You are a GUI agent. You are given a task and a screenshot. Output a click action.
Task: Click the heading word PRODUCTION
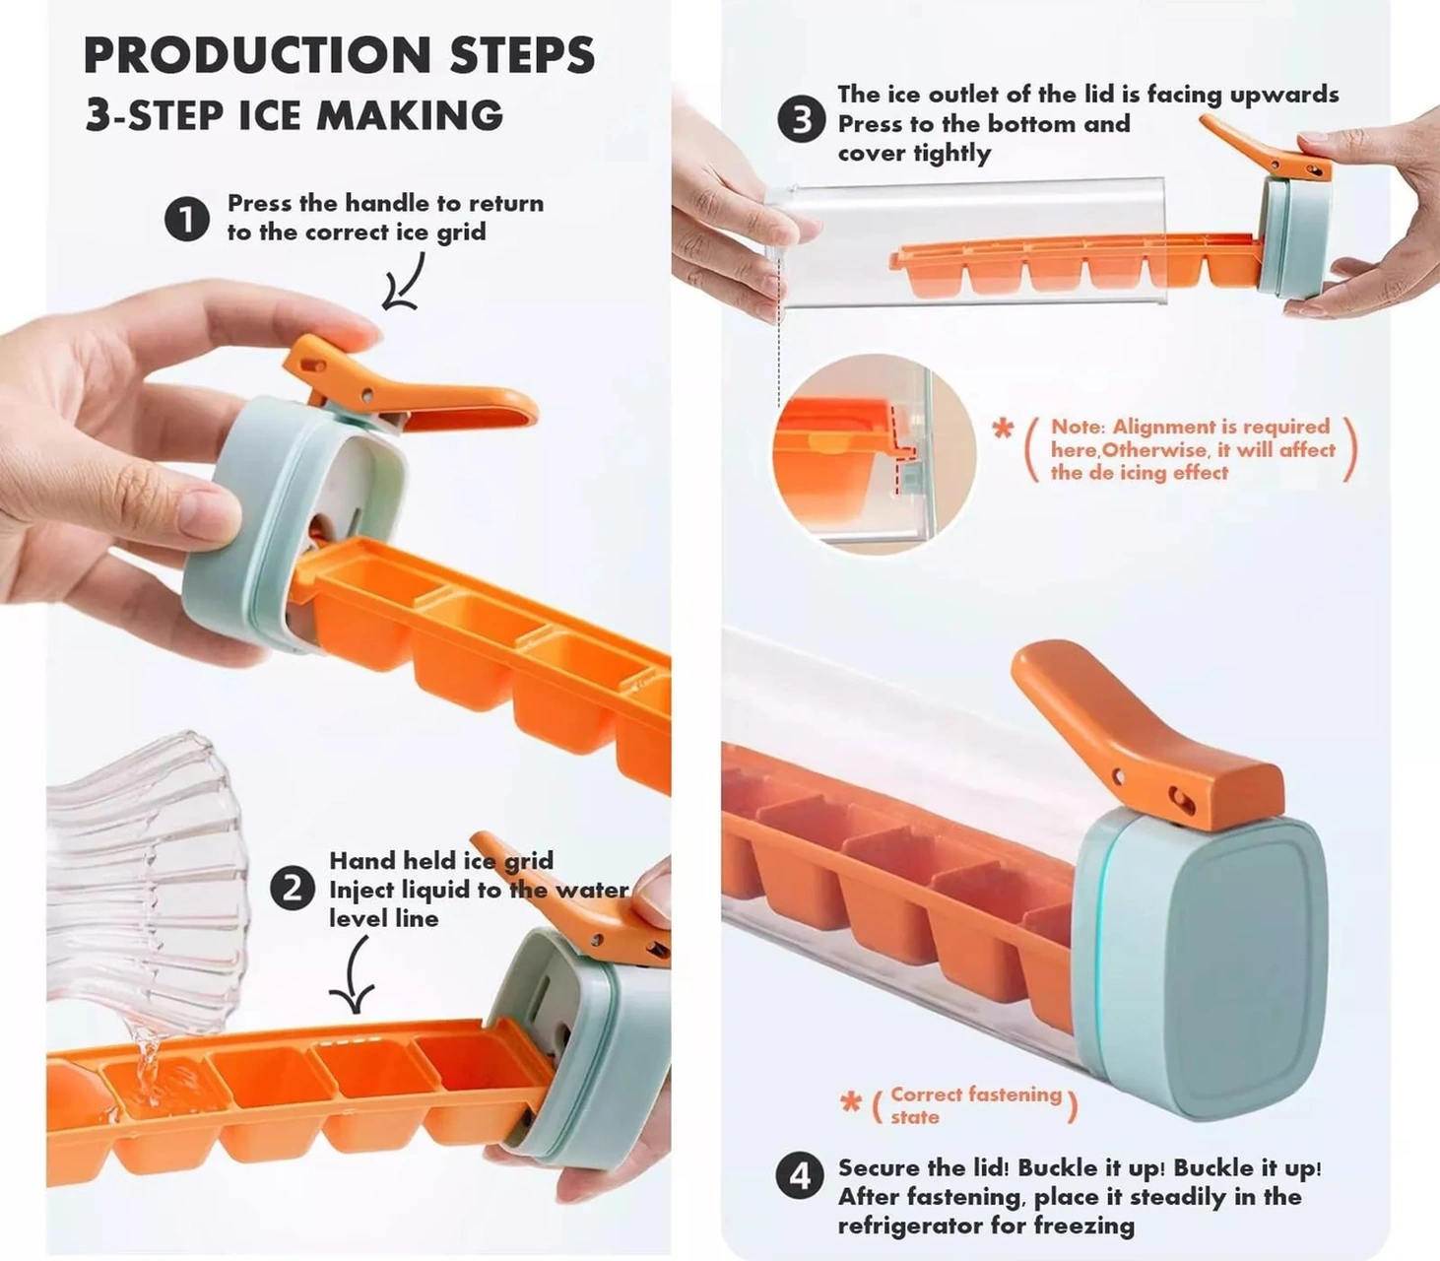point(257,55)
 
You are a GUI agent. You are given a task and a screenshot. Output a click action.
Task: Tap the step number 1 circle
point(186,219)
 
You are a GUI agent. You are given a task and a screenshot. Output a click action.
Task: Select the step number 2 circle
point(293,889)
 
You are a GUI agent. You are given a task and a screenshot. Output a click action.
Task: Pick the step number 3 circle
point(801,119)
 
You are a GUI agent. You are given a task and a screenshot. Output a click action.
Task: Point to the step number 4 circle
point(800,1176)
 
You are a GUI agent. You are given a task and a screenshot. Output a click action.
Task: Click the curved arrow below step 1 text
point(408,282)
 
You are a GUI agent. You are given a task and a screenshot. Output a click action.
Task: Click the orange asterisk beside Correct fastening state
point(851,1102)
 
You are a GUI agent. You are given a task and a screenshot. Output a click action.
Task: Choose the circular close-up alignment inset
point(874,454)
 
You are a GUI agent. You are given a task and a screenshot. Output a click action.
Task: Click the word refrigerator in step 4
point(909,1226)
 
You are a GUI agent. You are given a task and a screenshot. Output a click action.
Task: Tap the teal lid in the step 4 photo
point(1200,964)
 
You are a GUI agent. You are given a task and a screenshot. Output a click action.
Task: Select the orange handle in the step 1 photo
point(408,387)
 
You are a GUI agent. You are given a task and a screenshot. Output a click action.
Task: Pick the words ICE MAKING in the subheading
point(371,114)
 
